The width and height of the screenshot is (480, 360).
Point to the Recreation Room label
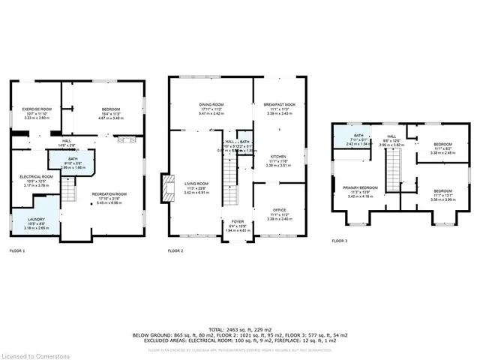[109, 196]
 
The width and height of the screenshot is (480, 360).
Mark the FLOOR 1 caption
[18, 250]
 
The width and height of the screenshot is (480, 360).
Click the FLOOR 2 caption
[175, 250]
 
